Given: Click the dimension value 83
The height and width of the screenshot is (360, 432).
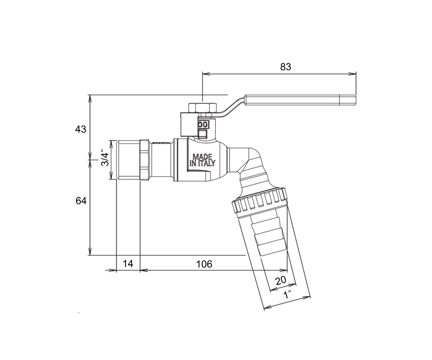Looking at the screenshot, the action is click(286, 67).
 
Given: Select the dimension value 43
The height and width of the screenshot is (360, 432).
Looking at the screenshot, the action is click(81, 130).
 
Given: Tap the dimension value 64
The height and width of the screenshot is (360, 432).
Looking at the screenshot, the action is click(81, 201).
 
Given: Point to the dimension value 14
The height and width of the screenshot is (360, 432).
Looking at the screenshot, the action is click(128, 264).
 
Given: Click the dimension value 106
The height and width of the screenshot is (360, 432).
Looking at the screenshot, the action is click(204, 264).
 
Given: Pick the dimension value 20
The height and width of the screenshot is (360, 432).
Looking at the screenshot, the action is click(281, 280).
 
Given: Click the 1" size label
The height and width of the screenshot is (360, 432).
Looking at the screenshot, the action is click(287, 294).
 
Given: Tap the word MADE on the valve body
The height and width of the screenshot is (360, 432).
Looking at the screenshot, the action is click(202, 157).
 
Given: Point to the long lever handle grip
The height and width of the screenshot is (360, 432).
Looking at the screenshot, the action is click(300, 100).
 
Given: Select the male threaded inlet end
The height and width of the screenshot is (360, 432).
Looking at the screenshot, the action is click(128, 160).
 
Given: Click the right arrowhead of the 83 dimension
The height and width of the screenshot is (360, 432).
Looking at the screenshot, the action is click(353, 74).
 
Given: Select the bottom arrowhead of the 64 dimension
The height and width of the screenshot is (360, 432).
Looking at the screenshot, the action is click(90, 251).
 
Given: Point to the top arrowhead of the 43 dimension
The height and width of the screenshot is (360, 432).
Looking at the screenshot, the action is click(90, 99).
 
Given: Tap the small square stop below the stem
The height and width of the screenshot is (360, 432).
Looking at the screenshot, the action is click(203, 134).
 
